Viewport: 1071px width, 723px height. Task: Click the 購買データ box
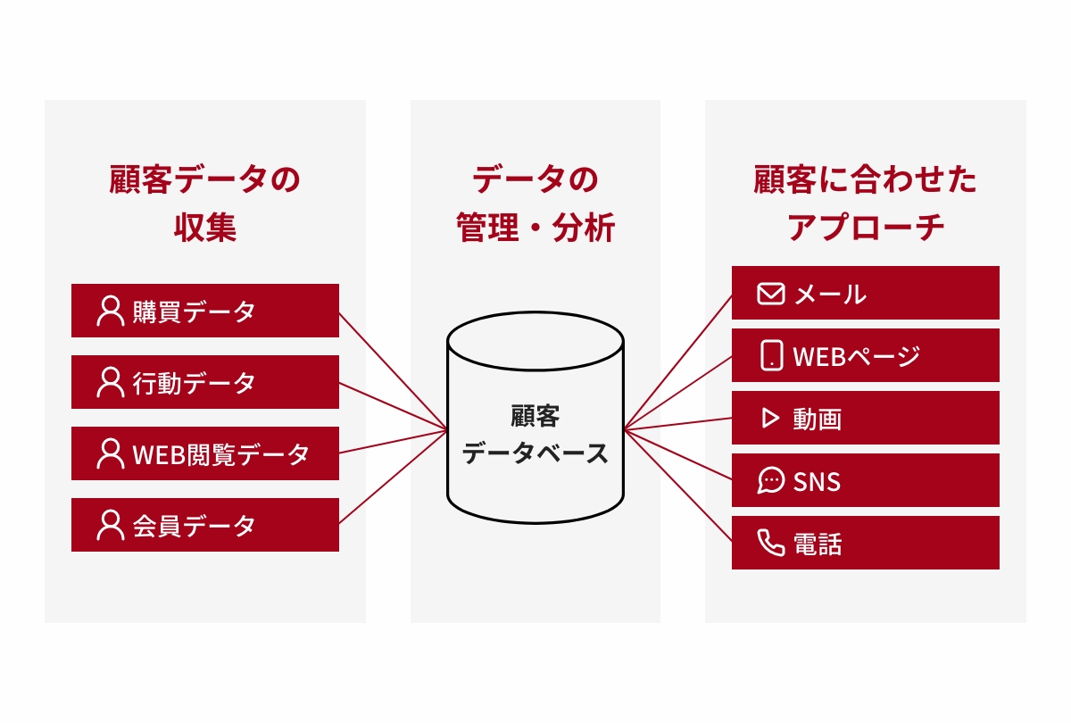pyautogui.click(x=205, y=311)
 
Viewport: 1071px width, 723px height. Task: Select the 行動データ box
pyautogui.click(x=205, y=382)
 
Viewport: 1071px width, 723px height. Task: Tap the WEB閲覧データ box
pyautogui.click(x=205, y=453)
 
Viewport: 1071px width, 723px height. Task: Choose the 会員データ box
pyautogui.click(x=205, y=525)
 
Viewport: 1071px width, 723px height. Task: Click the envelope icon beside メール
pyautogui.click(x=770, y=294)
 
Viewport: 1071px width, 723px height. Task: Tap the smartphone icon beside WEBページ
pyautogui.click(x=771, y=355)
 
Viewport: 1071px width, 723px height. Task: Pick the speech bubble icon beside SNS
pyautogui.click(x=770, y=481)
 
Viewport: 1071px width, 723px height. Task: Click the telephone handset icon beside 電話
pyautogui.click(x=770, y=543)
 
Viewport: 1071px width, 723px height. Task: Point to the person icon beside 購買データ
pyautogui.click(x=110, y=311)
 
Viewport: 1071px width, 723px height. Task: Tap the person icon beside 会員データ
pyautogui.click(x=110, y=525)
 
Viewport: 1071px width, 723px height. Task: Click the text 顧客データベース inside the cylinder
pyautogui.click(x=535, y=435)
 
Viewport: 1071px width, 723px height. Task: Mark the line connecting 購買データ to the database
pyautogui.click(x=393, y=371)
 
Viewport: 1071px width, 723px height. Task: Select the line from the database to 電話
pyautogui.click(x=678, y=486)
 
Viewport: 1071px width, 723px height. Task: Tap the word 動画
pyautogui.click(x=817, y=419)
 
